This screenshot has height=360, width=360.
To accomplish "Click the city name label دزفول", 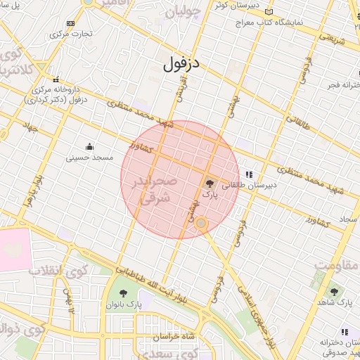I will pos(181,65).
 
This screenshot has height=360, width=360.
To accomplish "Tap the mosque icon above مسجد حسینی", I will pos(89,147).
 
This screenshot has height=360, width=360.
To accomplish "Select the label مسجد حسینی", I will pos(90,158).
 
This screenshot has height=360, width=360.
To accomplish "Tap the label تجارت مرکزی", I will pos(72,34).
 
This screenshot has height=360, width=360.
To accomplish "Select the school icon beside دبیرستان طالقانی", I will pos(248,174).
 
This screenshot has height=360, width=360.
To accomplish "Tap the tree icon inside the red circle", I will pos(209,183).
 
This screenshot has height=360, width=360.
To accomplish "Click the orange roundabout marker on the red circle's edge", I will pos(201,224).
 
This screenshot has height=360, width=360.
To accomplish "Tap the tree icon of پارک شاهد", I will pos(334,292).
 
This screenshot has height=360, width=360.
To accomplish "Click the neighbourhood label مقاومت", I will pos(336,266).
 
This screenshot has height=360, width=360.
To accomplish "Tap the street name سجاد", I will pos(349,220).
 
